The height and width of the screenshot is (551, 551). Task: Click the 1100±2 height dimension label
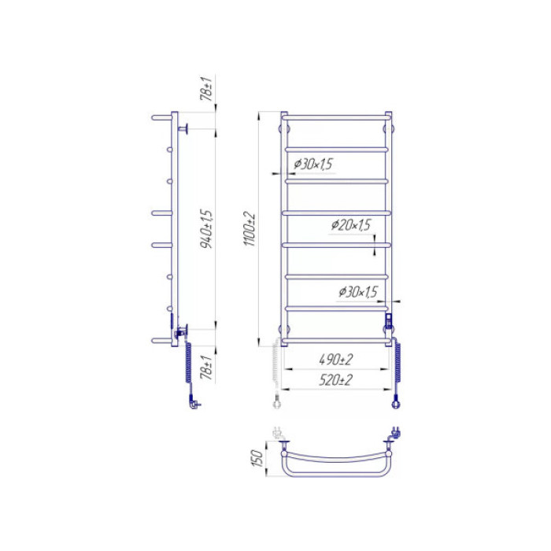(x=250, y=229)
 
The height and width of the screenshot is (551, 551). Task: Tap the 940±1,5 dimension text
(x=206, y=229)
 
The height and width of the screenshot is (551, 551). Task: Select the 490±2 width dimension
(x=336, y=360)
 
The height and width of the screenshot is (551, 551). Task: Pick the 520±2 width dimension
(x=335, y=380)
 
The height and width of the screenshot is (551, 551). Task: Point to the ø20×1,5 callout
(x=351, y=224)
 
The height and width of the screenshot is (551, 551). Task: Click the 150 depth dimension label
(x=257, y=458)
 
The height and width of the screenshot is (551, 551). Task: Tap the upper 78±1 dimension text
(x=206, y=88)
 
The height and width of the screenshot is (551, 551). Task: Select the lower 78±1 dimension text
(x=206, y=368)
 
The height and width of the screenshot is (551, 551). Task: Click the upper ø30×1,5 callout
(x=313, y=164)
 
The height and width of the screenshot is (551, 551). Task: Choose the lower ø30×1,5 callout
(x=358, y=292)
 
